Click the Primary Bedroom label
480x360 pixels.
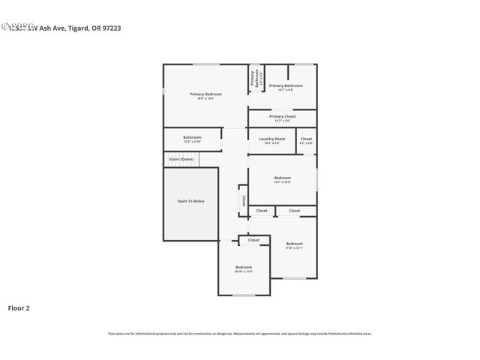[205, 94]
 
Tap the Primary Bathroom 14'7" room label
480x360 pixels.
[286, 86]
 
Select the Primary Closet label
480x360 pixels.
[282, 117]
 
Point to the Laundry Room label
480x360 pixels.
[271, 139]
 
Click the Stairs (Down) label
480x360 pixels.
[181, 159]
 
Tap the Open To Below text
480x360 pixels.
[190, 201]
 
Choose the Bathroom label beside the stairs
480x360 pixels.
[192, 138]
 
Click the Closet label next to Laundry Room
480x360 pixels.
[306, 139]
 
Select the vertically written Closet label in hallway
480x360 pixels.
[243, 201]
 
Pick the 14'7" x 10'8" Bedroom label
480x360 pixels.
[282, 178]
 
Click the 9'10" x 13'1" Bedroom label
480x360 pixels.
[294, 244]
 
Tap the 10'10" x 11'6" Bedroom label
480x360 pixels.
[244, 268]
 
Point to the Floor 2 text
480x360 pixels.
[19, 307]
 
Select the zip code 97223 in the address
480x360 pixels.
[112, 28]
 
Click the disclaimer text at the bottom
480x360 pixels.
[240, 334]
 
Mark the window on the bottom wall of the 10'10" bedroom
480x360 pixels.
[244, 295]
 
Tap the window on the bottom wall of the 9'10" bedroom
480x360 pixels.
[294, 278]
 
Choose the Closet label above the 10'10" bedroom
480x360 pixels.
[253, 240]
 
